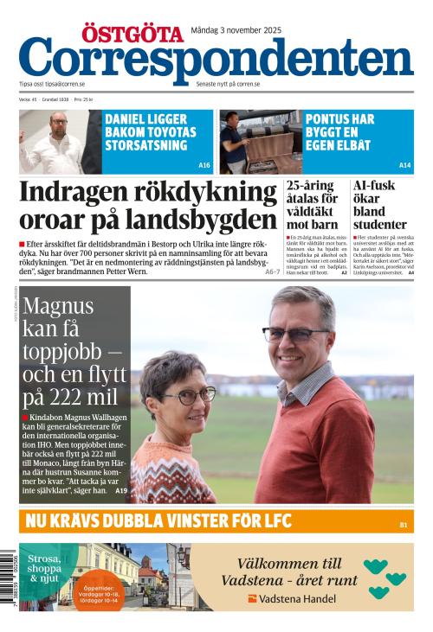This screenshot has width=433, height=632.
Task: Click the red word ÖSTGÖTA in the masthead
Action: [132, 34]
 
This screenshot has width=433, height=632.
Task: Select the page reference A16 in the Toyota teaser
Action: [204, 165]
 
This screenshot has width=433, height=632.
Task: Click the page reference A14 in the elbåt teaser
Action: [404, 165]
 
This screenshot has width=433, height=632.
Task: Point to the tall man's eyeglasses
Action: [294, 334]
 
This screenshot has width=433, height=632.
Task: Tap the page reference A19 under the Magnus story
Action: [121, 490]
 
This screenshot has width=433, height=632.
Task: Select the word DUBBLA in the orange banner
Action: [134, 521]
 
